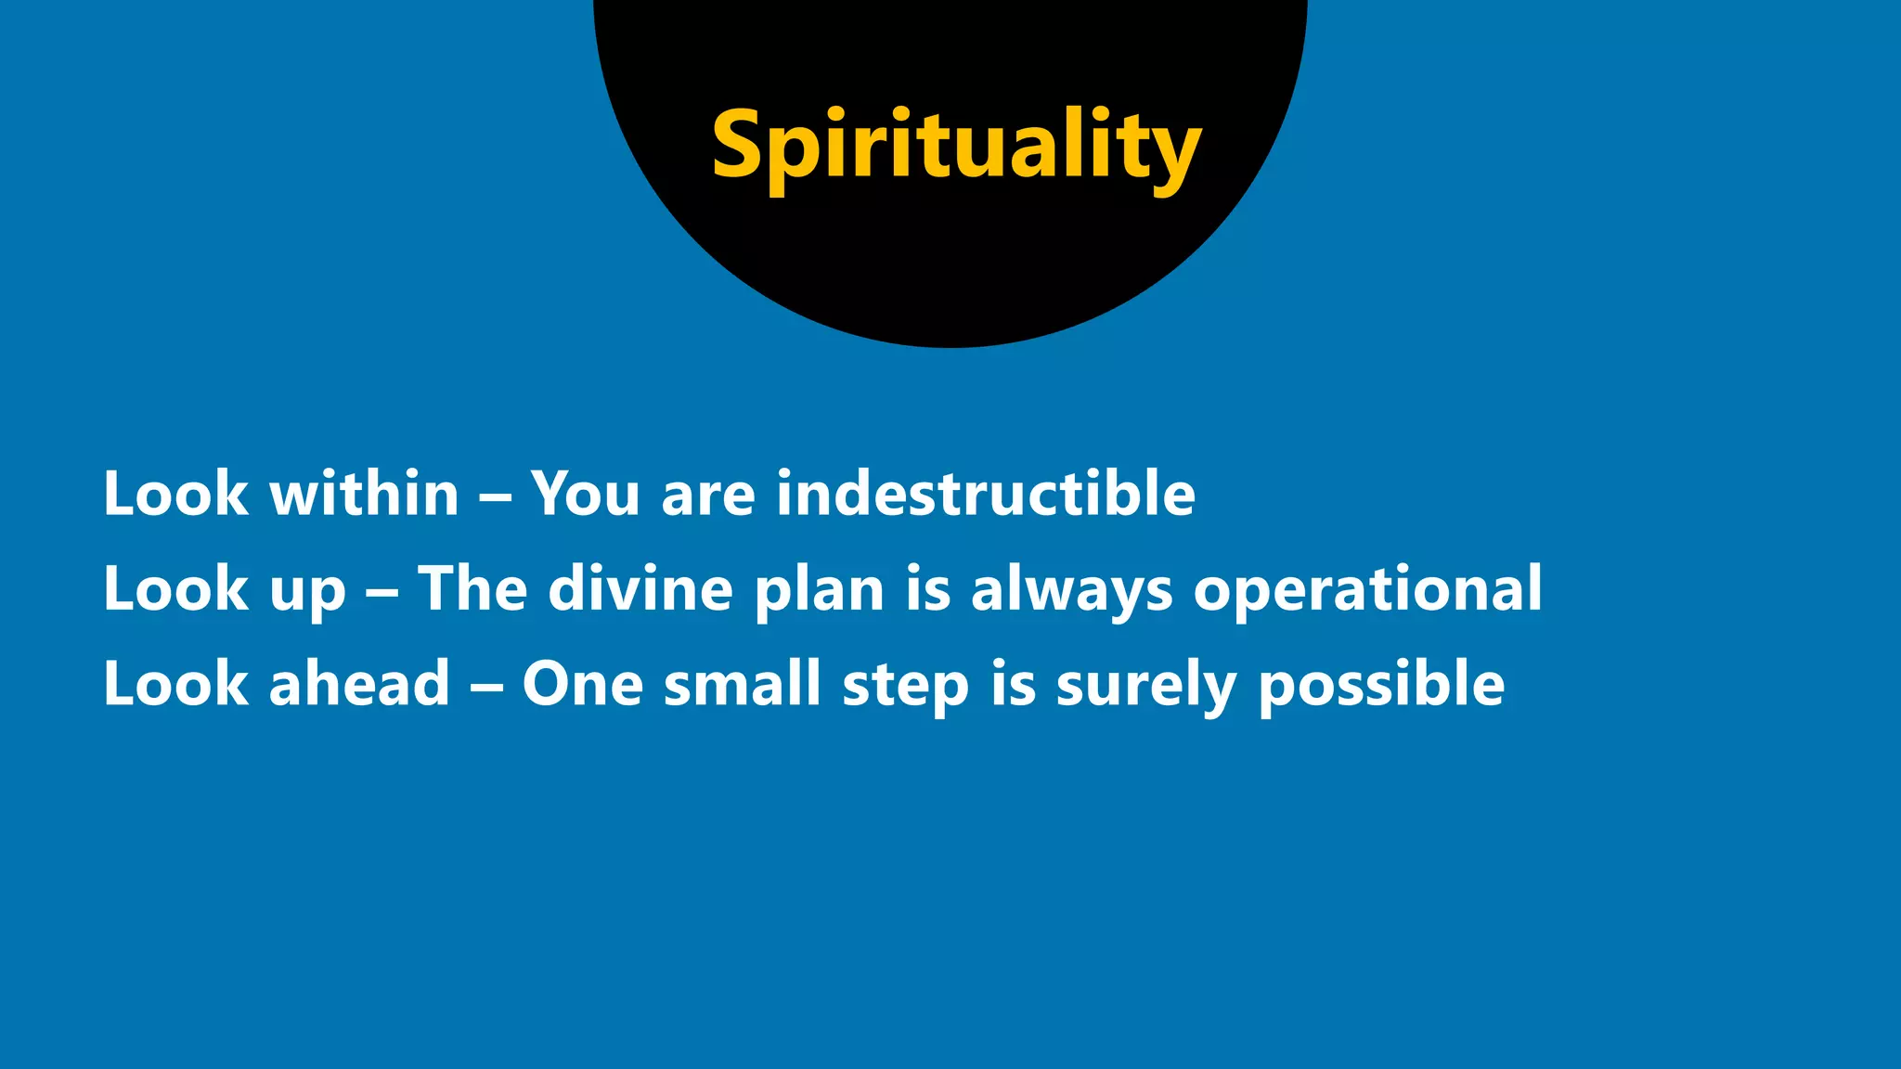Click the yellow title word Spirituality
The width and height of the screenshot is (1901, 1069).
pos(956,147)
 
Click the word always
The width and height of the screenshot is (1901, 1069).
pos(1072,590)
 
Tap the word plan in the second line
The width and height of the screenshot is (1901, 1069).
pos(820,590)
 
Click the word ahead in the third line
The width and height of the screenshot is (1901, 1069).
pos(359,684)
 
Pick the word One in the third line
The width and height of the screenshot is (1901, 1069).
pos(583,684)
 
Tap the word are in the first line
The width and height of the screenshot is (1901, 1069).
pos(708,495)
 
